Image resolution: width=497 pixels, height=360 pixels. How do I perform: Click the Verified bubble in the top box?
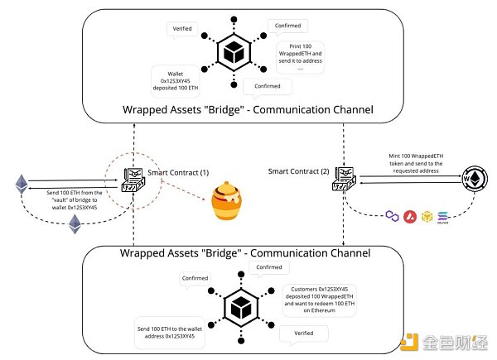point(183,28)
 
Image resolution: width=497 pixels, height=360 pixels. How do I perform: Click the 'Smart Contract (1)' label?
point(176,172)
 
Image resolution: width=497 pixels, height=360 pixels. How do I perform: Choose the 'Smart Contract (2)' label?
point(299,171)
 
